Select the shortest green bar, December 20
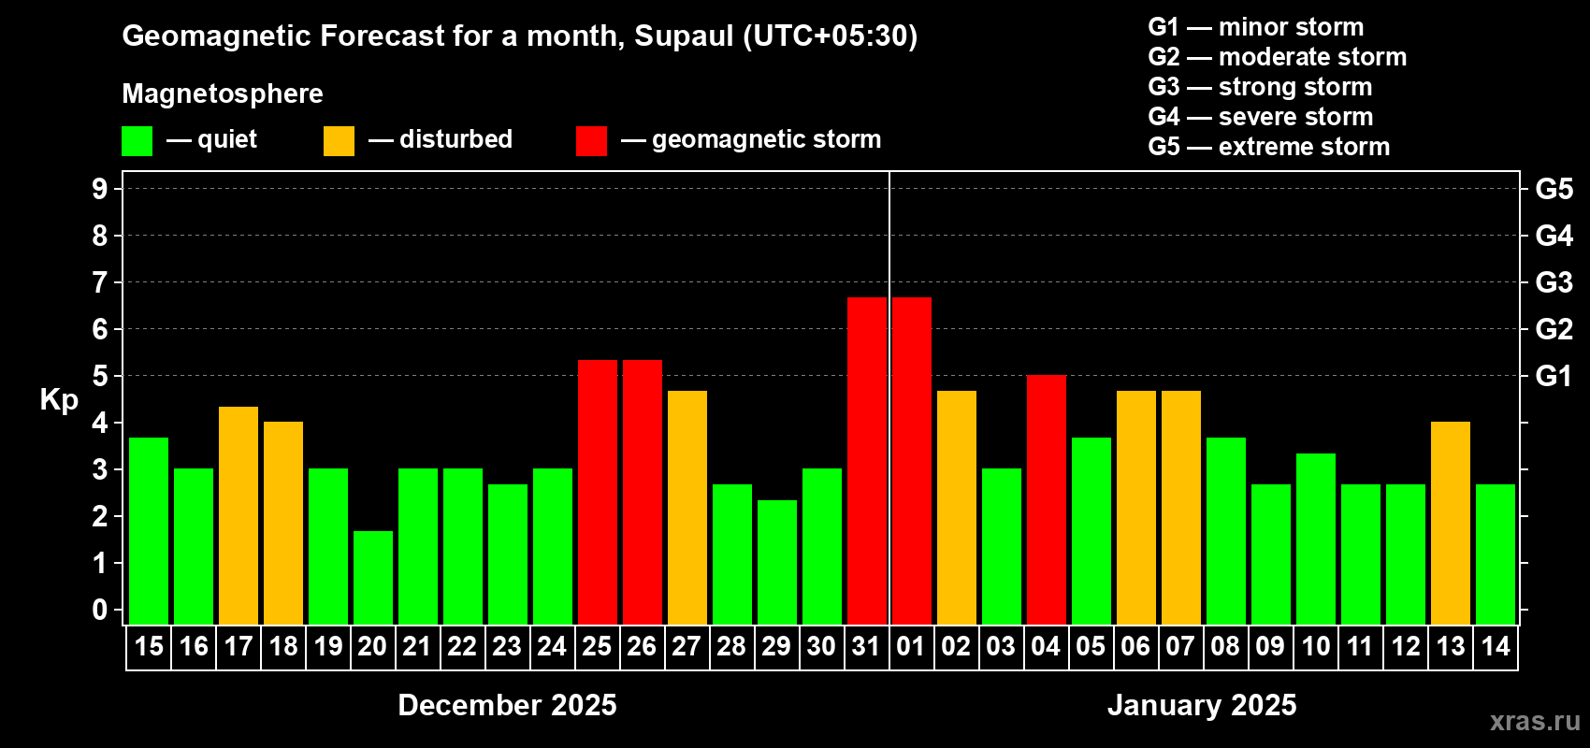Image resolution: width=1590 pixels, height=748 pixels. pyautogui.click(x=373, y=577)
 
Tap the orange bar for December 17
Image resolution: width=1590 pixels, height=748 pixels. pyautogui.click(x=238, y=515)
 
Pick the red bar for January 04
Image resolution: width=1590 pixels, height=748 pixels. pyautogui.click(x=1047, y=499)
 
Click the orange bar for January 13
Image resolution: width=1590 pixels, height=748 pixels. pyautogui.click(x=1451, y=523)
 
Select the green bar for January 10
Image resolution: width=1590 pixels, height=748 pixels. pyautogui.click(x=1316, y=539)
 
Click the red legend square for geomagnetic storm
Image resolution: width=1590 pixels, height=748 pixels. pyautogui.click(x=591, y=141)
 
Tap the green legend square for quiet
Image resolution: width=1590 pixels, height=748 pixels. pyautogui.click(x=137, y=141)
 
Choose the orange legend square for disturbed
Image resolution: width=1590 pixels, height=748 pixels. pyautogui.click(x=339, y=141)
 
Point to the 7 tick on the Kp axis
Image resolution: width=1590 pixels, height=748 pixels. pyautogui.click(x=100, y=282)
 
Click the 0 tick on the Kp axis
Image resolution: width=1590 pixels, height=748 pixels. pyautogui.click(x=100, y=610)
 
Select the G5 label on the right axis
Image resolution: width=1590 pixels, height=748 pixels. pyautogui.click(x=1554, y=189)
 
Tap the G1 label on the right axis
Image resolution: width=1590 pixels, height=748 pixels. pyautogui.click(x=1554, y=376)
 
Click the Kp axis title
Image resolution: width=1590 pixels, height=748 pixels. pyautogui.click(x=59, y=400)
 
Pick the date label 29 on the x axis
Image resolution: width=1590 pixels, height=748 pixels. pyautogui.click(x=776, y=646)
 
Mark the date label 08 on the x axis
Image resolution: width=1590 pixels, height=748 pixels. pyautogui.click(x=1225, y=646)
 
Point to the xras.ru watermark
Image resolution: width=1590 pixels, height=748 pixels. pyautogui.click(x=1535, y=720)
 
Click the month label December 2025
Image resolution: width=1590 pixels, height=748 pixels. pyautogui.click(x=507, y=705)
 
